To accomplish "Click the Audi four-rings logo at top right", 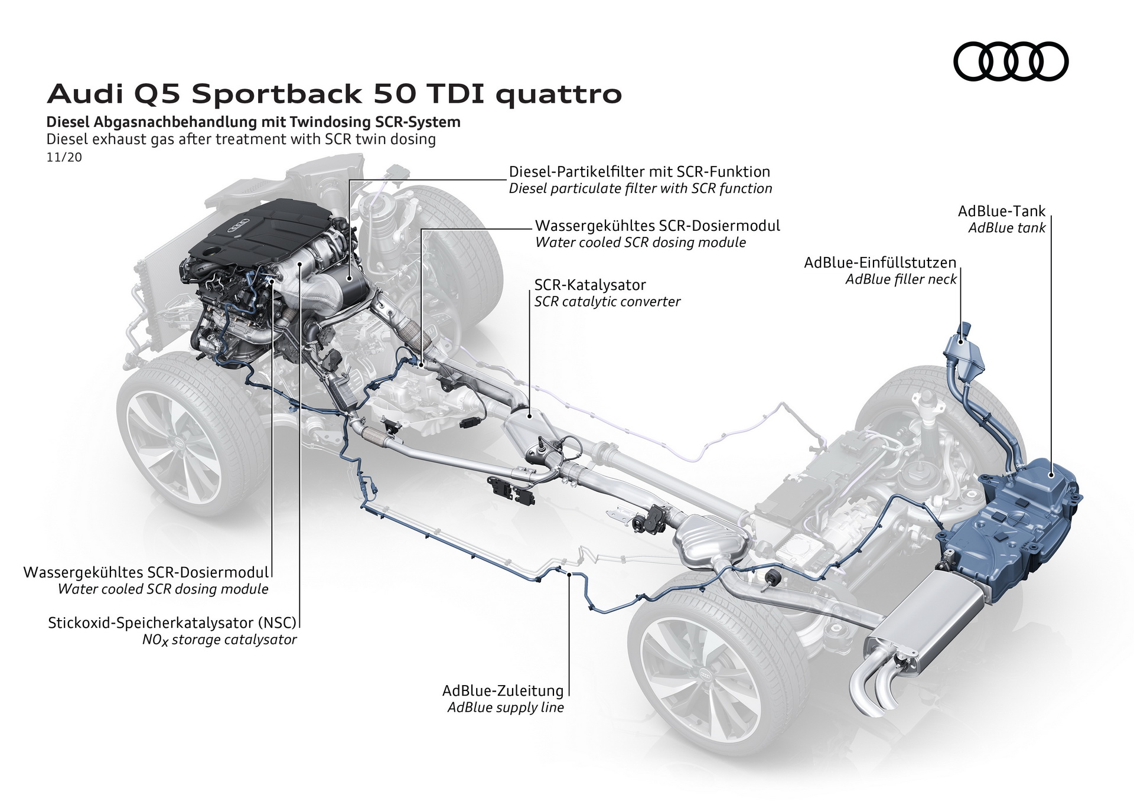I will [1011, 61].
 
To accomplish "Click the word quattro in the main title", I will [558, 94].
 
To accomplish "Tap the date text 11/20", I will [64, 158].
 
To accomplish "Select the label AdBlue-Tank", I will [1001, 211].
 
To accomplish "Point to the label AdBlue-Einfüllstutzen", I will [879, 263].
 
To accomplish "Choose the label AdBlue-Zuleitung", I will [503, 690].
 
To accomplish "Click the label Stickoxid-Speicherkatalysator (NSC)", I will [172, 622].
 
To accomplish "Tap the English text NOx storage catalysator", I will [219, 640].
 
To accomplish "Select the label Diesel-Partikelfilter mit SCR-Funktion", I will [639, 172].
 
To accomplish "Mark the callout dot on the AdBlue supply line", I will [569, 573].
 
